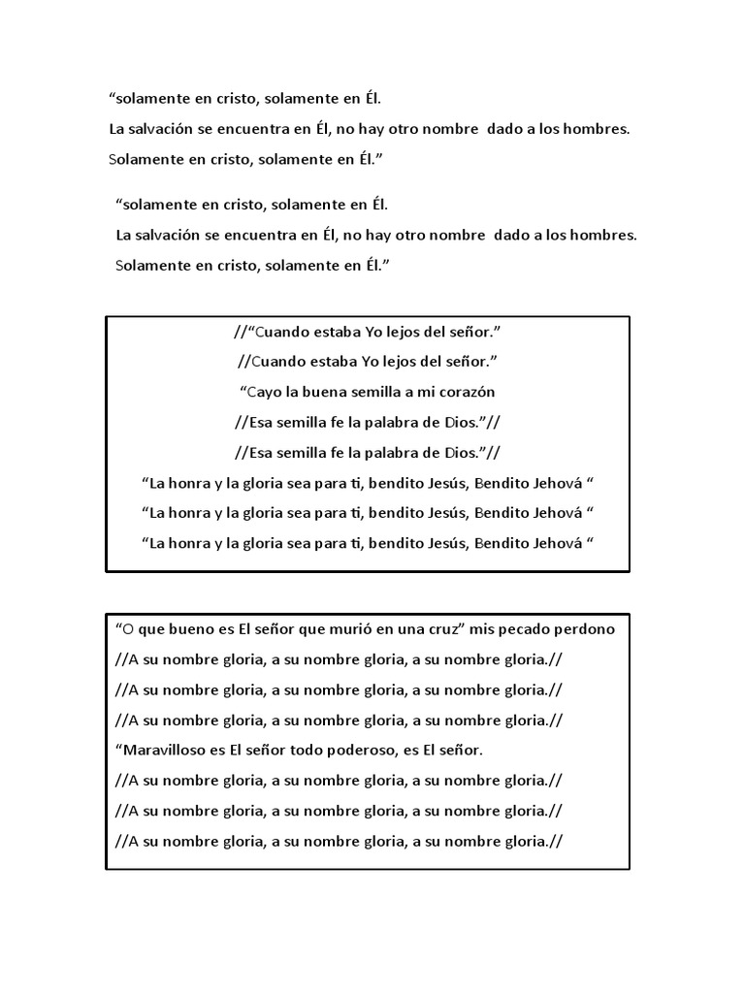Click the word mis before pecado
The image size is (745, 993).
click(486, 629)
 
